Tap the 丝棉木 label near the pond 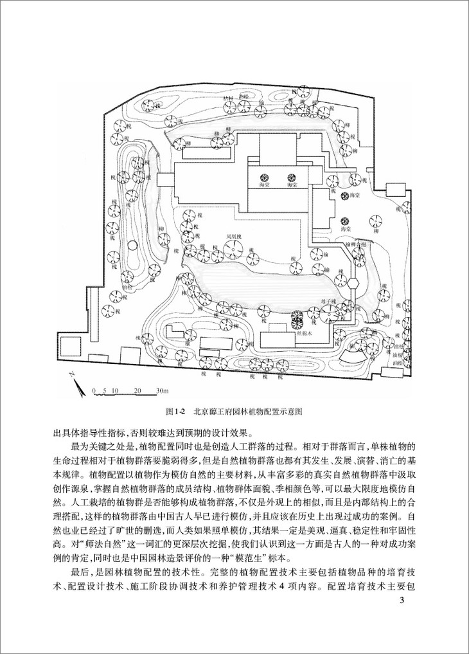(x=305, y=334)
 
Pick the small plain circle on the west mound (x=132, y=245)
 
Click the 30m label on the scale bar (x=161, y=391)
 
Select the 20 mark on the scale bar (x=137, y=391)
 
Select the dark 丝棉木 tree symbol (x=296, y=317)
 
